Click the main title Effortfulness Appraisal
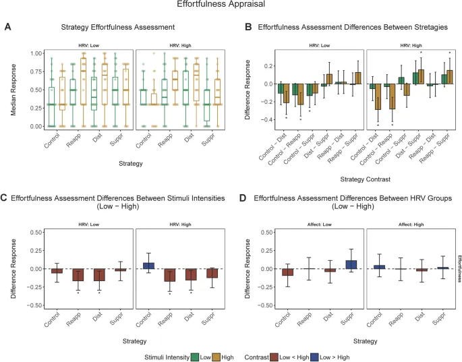coord(230,5)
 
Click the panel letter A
coord(7,27)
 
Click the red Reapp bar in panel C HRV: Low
coord(78,275)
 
